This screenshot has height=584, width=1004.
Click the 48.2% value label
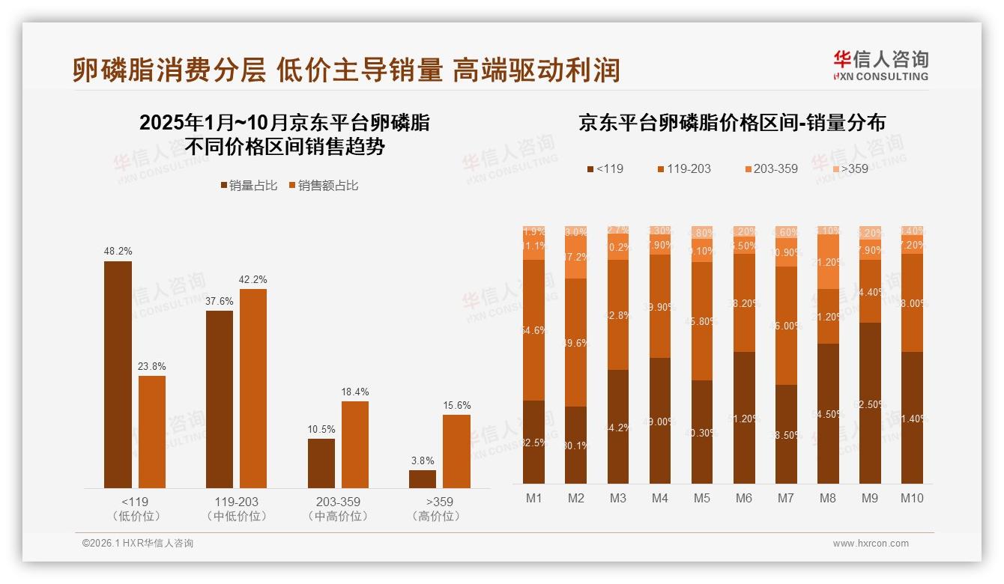point(118,252)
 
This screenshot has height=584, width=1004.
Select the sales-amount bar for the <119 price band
point(152,432)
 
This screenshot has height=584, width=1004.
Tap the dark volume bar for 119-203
point(220,399)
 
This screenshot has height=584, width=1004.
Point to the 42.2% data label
point(253,279)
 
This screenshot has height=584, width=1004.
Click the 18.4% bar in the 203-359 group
point(355,445)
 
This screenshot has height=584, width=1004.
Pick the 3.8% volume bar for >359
point(423,479)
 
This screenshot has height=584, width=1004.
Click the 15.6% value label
point(456,405)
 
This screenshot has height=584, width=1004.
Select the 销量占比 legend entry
point(247,185)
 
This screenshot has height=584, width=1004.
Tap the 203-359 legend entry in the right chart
point(770,168)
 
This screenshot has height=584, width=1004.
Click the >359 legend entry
point(850,168)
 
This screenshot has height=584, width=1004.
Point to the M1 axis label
point(533,499)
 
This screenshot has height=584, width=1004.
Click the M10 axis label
point(912,499)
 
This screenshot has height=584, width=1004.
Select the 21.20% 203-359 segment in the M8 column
point(828,262)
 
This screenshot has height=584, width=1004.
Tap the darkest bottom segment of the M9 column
point(870,403)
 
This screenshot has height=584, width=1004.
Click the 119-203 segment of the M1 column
point(533,330)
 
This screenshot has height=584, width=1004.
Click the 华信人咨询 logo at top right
point(880,64)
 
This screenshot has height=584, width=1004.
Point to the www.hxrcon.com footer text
point(871,544)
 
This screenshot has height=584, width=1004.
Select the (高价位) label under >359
point(436,517)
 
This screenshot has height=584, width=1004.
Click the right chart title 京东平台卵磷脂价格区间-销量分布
point(731,123)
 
